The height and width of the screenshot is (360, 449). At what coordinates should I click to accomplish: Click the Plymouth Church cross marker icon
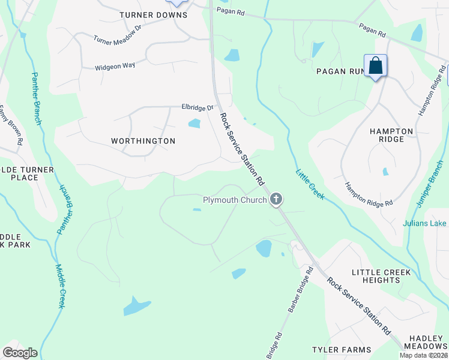click(276, 199)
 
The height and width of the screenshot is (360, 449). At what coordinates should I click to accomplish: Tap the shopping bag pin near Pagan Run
click(375, 65)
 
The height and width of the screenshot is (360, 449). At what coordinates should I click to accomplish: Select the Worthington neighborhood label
click(143, 141)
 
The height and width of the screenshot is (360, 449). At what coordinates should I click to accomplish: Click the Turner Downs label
click(153, 15)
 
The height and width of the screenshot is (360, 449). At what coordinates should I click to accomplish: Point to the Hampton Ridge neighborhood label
click(392, 135)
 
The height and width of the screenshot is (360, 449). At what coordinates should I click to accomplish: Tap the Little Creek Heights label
click(382, 277)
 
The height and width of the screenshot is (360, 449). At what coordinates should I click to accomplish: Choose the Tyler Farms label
click(342, 350)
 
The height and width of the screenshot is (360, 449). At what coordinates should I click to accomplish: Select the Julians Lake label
click(425, 224)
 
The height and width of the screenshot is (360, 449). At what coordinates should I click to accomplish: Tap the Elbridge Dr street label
click(197, 107)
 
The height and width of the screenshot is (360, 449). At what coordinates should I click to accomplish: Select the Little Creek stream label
click(309, 184)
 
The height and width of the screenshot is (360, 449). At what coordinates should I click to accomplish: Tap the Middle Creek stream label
click(60, 287)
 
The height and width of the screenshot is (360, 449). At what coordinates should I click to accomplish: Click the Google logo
click(20, 353)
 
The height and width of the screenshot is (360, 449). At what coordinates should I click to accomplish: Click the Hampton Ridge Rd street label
click(369, 194)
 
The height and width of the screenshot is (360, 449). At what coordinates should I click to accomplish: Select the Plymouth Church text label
click(235, 200)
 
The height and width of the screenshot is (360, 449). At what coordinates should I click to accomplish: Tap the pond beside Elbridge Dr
click(194, 124)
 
